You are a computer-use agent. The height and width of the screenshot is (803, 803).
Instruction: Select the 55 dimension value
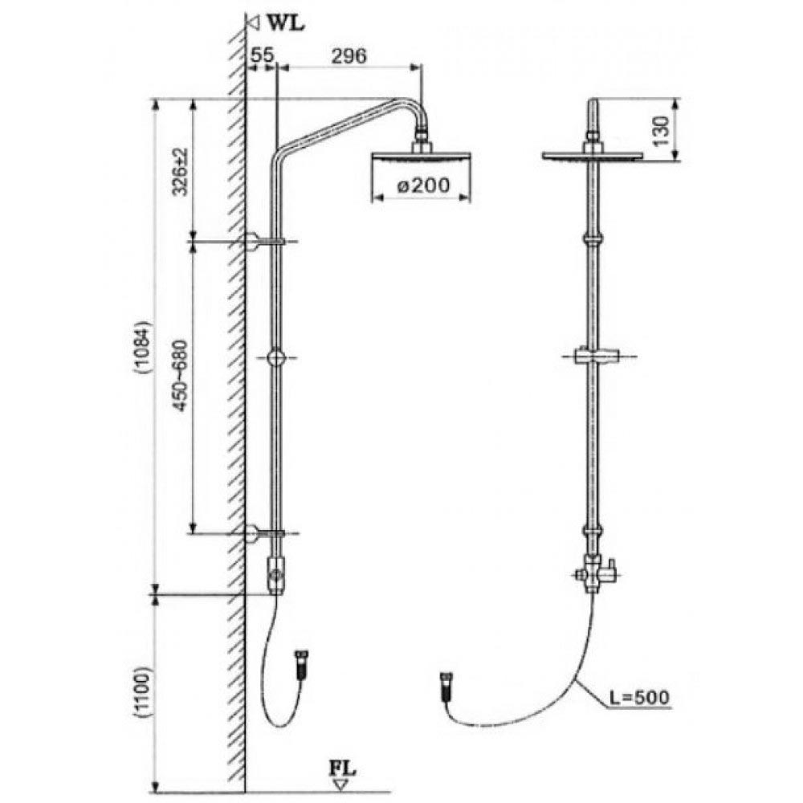point(263,55)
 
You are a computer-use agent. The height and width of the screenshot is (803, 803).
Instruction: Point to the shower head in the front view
point(593,155)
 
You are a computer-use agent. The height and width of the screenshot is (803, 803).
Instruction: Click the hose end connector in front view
point(446,687)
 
